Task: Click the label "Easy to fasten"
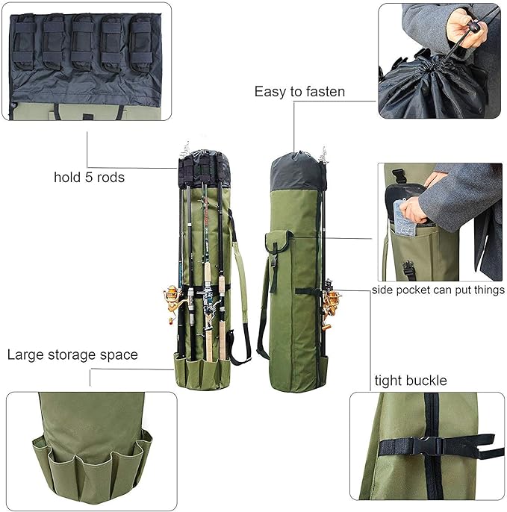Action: click(299, 92)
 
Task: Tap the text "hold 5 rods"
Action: click(89, 178)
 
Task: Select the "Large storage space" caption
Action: click(72, 355)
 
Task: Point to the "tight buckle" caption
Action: click(411, 381)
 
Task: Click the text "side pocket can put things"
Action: click(438, 290)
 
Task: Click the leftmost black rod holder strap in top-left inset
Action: click(26, 37)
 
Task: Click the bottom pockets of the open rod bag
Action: click(203, 371)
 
